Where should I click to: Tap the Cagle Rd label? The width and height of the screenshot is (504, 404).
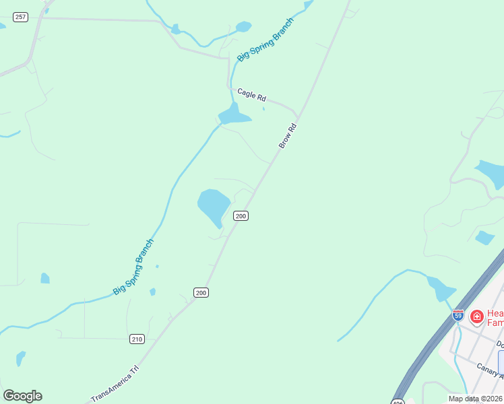coord(251,95)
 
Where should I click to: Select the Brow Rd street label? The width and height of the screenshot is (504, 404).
coord(288,136)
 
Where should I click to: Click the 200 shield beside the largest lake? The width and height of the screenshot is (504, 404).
coord(241,215)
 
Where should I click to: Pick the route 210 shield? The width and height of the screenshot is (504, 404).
coord(137,339)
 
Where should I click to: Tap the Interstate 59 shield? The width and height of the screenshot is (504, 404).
coord(458,314)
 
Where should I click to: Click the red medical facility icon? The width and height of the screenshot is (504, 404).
coord(476,316)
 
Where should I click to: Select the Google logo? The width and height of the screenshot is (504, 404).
coord(22,396)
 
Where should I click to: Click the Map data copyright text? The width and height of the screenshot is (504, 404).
coord(476,399)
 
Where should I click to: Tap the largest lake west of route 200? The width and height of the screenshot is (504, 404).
coord(213,205)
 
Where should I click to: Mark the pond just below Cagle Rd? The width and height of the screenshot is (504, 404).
coord(233,116)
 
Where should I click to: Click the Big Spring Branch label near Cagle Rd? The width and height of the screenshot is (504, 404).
coord(265,38)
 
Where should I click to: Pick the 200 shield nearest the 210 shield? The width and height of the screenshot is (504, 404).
coord(201,292)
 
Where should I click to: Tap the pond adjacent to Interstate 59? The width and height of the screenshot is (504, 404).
coord(441,289)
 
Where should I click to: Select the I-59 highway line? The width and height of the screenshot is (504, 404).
coord(431,343)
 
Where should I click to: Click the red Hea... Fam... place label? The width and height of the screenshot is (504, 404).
coord(495,318)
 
